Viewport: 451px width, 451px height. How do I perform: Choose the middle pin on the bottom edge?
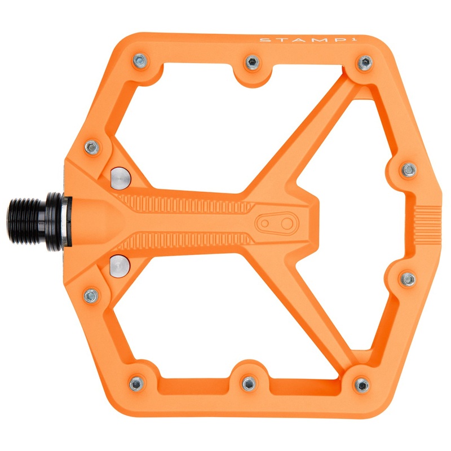pos(249,383)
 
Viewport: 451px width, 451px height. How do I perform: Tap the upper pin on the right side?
pos(410,169)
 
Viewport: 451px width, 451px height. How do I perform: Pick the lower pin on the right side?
pos(409,278)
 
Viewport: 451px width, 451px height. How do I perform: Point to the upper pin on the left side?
pos(92,148)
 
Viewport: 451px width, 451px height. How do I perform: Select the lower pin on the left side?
pos(91,295)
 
